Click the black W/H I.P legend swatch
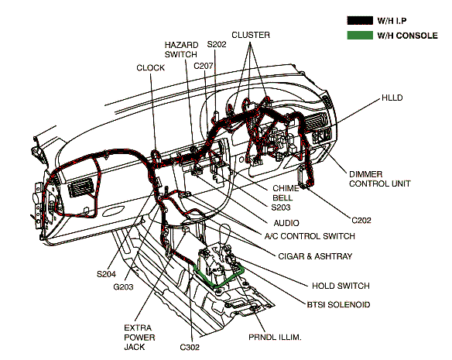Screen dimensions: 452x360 coord(360,20)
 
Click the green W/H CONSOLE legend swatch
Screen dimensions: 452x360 coord(360,36)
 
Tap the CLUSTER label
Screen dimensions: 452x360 coord(251,35)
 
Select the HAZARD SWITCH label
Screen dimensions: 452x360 coord(181,50)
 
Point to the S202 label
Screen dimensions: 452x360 coord(217,44)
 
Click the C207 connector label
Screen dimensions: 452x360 coord(204,66)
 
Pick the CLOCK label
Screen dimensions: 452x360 coord(150,68)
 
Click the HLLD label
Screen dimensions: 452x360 coord(392,98)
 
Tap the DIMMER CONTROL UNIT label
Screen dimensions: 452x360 coord(380,179)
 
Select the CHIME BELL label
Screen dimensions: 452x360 coord(286,193)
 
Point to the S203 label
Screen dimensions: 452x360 coord(281,207)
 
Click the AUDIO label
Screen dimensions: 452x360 coord(286,223)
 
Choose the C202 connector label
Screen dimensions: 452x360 coord(361,221)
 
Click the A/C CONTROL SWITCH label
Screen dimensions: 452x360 coord(310,236)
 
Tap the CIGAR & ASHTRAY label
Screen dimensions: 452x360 coord(315,256)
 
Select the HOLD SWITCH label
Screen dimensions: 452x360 coord(341,286)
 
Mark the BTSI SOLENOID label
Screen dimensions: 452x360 coord(338,304)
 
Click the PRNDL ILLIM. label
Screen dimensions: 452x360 coord(275,337)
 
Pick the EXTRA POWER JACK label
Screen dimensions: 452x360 coord(139,338)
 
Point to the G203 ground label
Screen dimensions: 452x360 coord(123,287)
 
